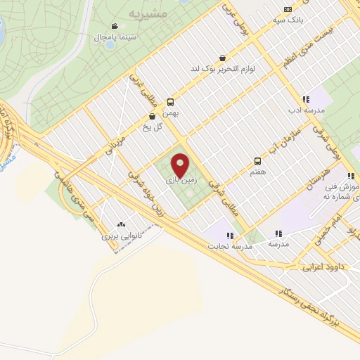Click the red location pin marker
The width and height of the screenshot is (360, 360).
181,165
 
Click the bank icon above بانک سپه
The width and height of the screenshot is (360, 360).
288,9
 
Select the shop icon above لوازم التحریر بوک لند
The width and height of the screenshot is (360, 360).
222,58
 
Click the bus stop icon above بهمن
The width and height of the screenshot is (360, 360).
171,102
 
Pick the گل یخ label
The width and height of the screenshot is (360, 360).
153,127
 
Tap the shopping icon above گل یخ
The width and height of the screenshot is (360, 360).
153,116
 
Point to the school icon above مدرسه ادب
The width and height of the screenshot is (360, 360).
305,100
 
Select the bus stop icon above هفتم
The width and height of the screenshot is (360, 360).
257,160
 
